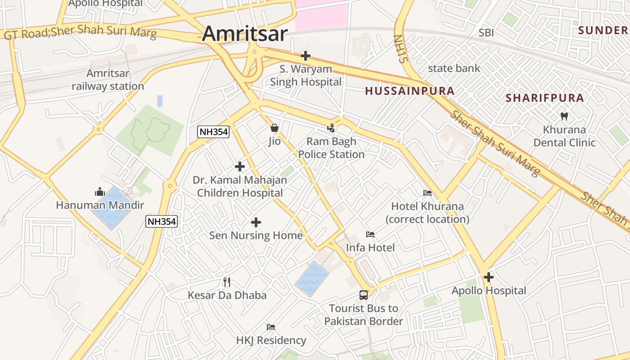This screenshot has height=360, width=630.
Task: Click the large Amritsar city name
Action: click(245, 34)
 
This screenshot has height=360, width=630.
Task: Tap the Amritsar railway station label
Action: click(108, 80)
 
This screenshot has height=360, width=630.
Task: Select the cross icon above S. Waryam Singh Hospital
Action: click(306, 56)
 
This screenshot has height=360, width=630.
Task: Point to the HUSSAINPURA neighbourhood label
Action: click(409, 91)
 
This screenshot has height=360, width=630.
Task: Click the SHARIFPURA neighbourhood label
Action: click(544, 98)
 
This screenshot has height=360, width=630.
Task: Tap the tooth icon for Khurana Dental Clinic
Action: click(564, 116)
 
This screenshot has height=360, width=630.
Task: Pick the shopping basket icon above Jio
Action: click(274, 128)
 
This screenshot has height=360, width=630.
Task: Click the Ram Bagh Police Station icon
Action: click(331, 128)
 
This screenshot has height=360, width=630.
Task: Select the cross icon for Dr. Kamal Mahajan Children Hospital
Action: click(240, 167)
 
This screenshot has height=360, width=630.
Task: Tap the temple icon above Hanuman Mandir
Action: click(100, 192)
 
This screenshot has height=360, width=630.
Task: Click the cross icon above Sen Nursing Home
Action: click(256, 222)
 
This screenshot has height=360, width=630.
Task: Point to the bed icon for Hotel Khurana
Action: click(427, 193)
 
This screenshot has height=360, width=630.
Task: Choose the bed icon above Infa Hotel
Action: click(370, 234)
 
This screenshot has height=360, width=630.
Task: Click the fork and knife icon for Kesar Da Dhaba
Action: click(227, 282)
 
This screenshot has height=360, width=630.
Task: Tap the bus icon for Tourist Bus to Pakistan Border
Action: click(364, 295)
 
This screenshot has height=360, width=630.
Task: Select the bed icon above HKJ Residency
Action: click(271, 327)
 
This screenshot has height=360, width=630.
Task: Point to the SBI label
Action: click(486, 32)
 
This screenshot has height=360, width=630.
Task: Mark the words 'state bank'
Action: click(454, 68)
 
